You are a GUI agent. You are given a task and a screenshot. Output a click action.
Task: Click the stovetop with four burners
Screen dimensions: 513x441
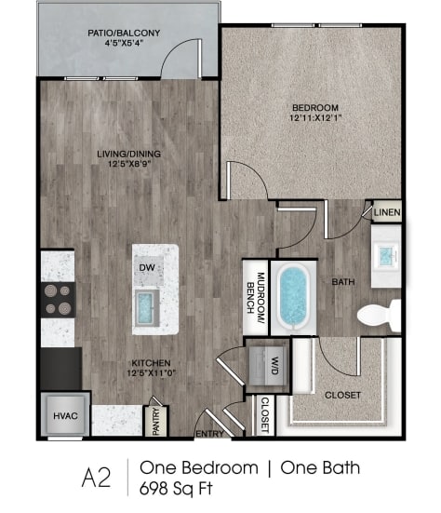[57, 299]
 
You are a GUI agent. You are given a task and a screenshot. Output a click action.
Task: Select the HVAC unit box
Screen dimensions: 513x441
[62, 413]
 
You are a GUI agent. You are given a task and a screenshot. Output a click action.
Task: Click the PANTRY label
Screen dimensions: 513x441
[157, 419]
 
